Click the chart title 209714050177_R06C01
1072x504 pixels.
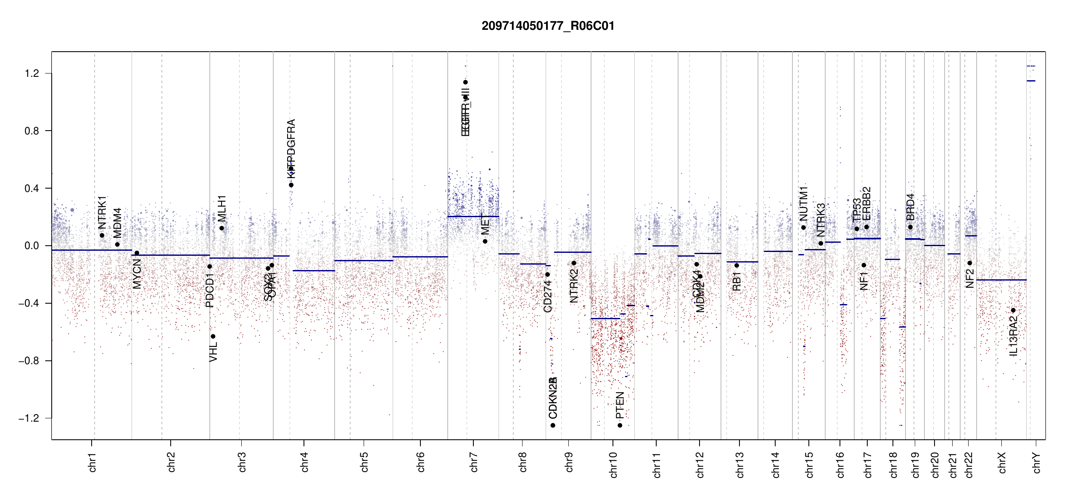pyautogui.click(x=548, y=26)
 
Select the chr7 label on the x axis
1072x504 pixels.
pyautogui.click(x=474, y=462)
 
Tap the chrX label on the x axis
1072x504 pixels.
pyautogui.click(x=1002, y=462)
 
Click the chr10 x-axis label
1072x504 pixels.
pyautogui.click(x=613, y=465)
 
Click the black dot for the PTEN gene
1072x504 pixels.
pyautogui.click(x=620, y=425)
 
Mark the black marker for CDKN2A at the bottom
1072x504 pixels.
pyautogui.click(x=553, y=425)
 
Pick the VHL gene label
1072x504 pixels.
pyautogui.click(x=213, y=352)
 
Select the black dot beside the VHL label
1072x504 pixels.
pyautogui.click(x=213, y=336)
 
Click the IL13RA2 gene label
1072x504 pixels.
pyautogui.click(x=1013, y=336)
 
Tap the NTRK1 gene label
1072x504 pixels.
pyautogui.click(x=102, y=212)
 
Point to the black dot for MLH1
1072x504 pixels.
pyautogui.click(x=222, y=228)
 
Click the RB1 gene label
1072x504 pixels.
pyautogui.click(x=737, y=281)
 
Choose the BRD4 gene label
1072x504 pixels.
pyautogui.click(x=910, y=207)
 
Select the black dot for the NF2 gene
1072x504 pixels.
pyautogui.click(x=969, y=263)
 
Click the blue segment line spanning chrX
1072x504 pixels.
pyautogui.click(x=1001, y=280)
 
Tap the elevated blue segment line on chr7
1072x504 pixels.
pyautogui.click(x=473, y=216)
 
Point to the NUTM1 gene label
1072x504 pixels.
pyautogui.click(x=803, y=204)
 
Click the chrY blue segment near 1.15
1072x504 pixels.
pyautogui.click(x=1031, y=81)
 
